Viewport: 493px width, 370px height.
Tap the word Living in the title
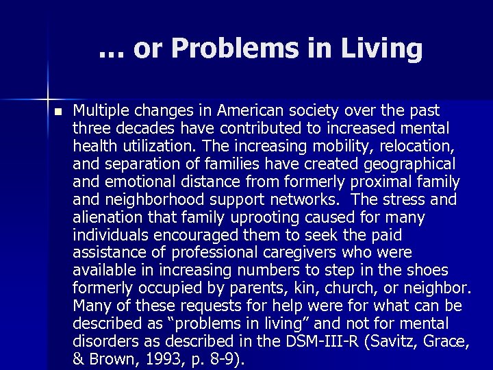click(384, 49)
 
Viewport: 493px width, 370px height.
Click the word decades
click(138, 128)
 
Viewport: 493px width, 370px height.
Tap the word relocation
click(418, 146)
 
